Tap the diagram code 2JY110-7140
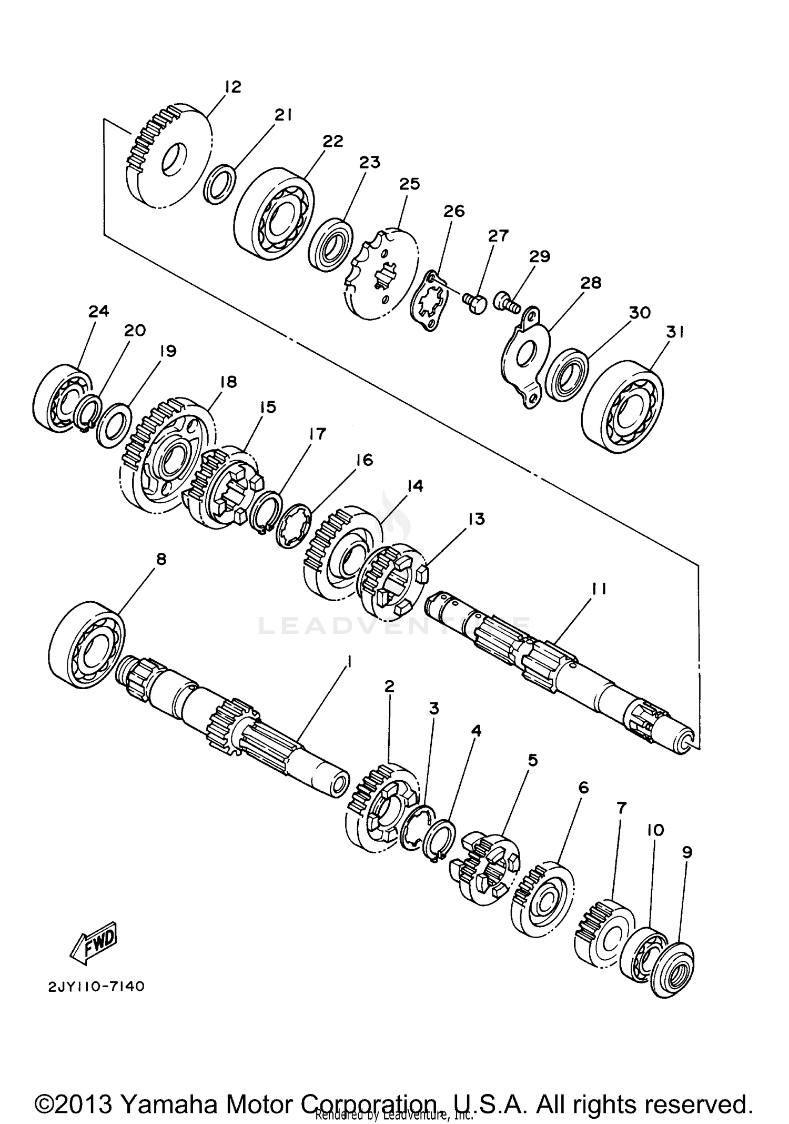tap(96, 987)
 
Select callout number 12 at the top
tap(232, 86)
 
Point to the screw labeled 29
tap(506, 302)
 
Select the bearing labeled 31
tap(623, 406)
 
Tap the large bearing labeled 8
tap(87, 645)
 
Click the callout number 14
tap(415, 486)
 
